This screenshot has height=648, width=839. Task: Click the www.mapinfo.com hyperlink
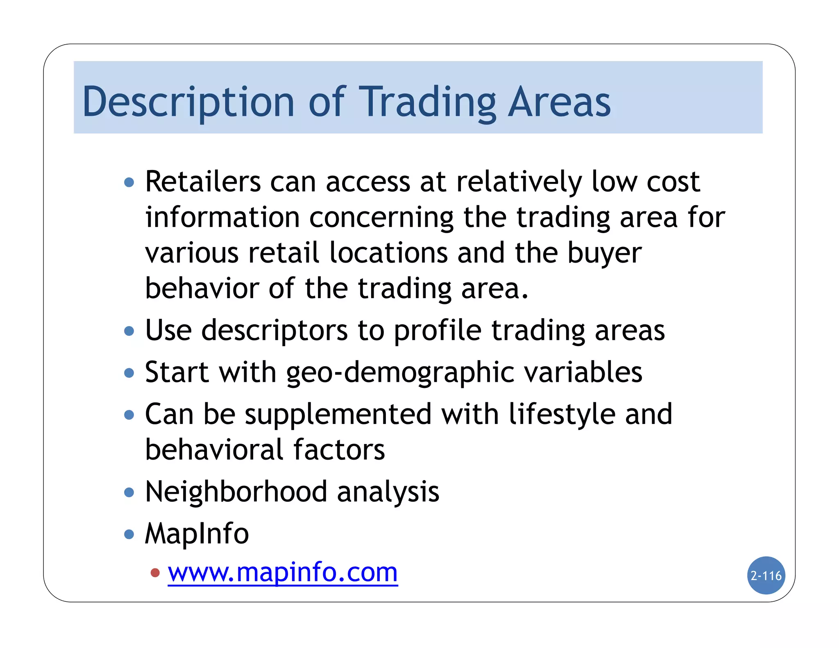pos(283,572)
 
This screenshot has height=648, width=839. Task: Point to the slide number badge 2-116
pos(766,575)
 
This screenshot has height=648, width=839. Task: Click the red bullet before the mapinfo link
pos(155,573)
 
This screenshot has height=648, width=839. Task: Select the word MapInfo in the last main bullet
pos(197,533)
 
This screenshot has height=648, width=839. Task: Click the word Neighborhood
pos(236,492)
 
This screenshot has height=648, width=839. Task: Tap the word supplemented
pos(338,414)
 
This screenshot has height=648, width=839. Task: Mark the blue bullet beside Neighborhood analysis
pos(129,492)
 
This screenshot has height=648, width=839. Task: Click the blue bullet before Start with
pos(129,373)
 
